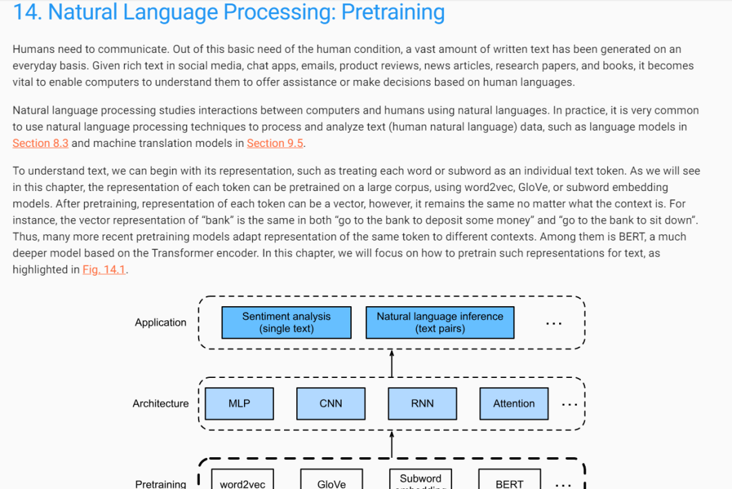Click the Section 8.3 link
(x=40, y=143)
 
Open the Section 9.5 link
(x=275, y=143)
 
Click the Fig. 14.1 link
(x=104, y=270)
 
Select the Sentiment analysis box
(x=286, y=322)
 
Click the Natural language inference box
(x=440, y=322)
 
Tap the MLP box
(x=239, y=404)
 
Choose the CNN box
(x=331, y=404)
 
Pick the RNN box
(x=422, y=404)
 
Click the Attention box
(x=514, y=404)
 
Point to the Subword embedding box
(x=421, y=480)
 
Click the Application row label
(x=161, y=322)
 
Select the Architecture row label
(x=161, y=404)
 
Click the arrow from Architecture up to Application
(x=392, y=363)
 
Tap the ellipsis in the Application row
(x=554, y=324)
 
